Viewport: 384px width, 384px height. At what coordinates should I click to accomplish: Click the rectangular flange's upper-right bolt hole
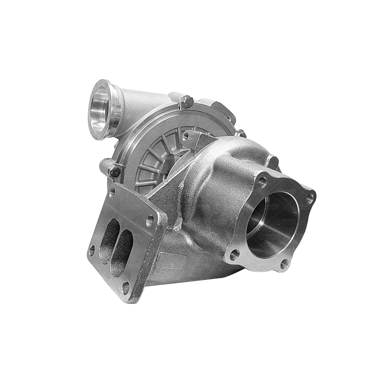[x=150, y=221]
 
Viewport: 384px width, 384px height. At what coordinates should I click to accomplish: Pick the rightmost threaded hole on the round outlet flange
[x=310, y=199]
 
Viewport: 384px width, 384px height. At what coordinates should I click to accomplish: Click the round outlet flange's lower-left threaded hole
[x=234, y=254]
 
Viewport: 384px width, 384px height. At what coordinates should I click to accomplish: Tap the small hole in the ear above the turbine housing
[x=186, y=137]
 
